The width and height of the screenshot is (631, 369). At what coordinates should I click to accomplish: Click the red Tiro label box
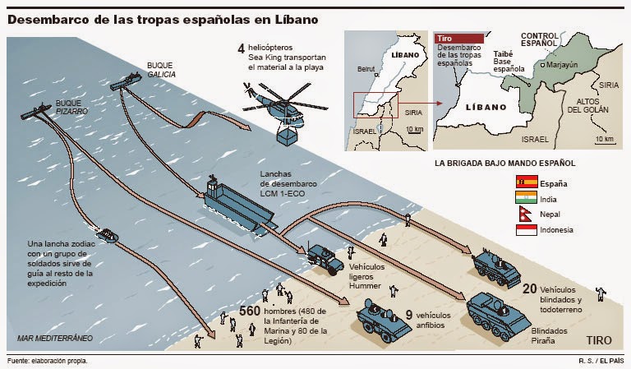[x=458, y=39]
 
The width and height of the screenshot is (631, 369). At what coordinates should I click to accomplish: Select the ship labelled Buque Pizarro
[x=41, y=114]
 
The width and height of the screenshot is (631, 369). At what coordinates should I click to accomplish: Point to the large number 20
[x=530, y=288]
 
